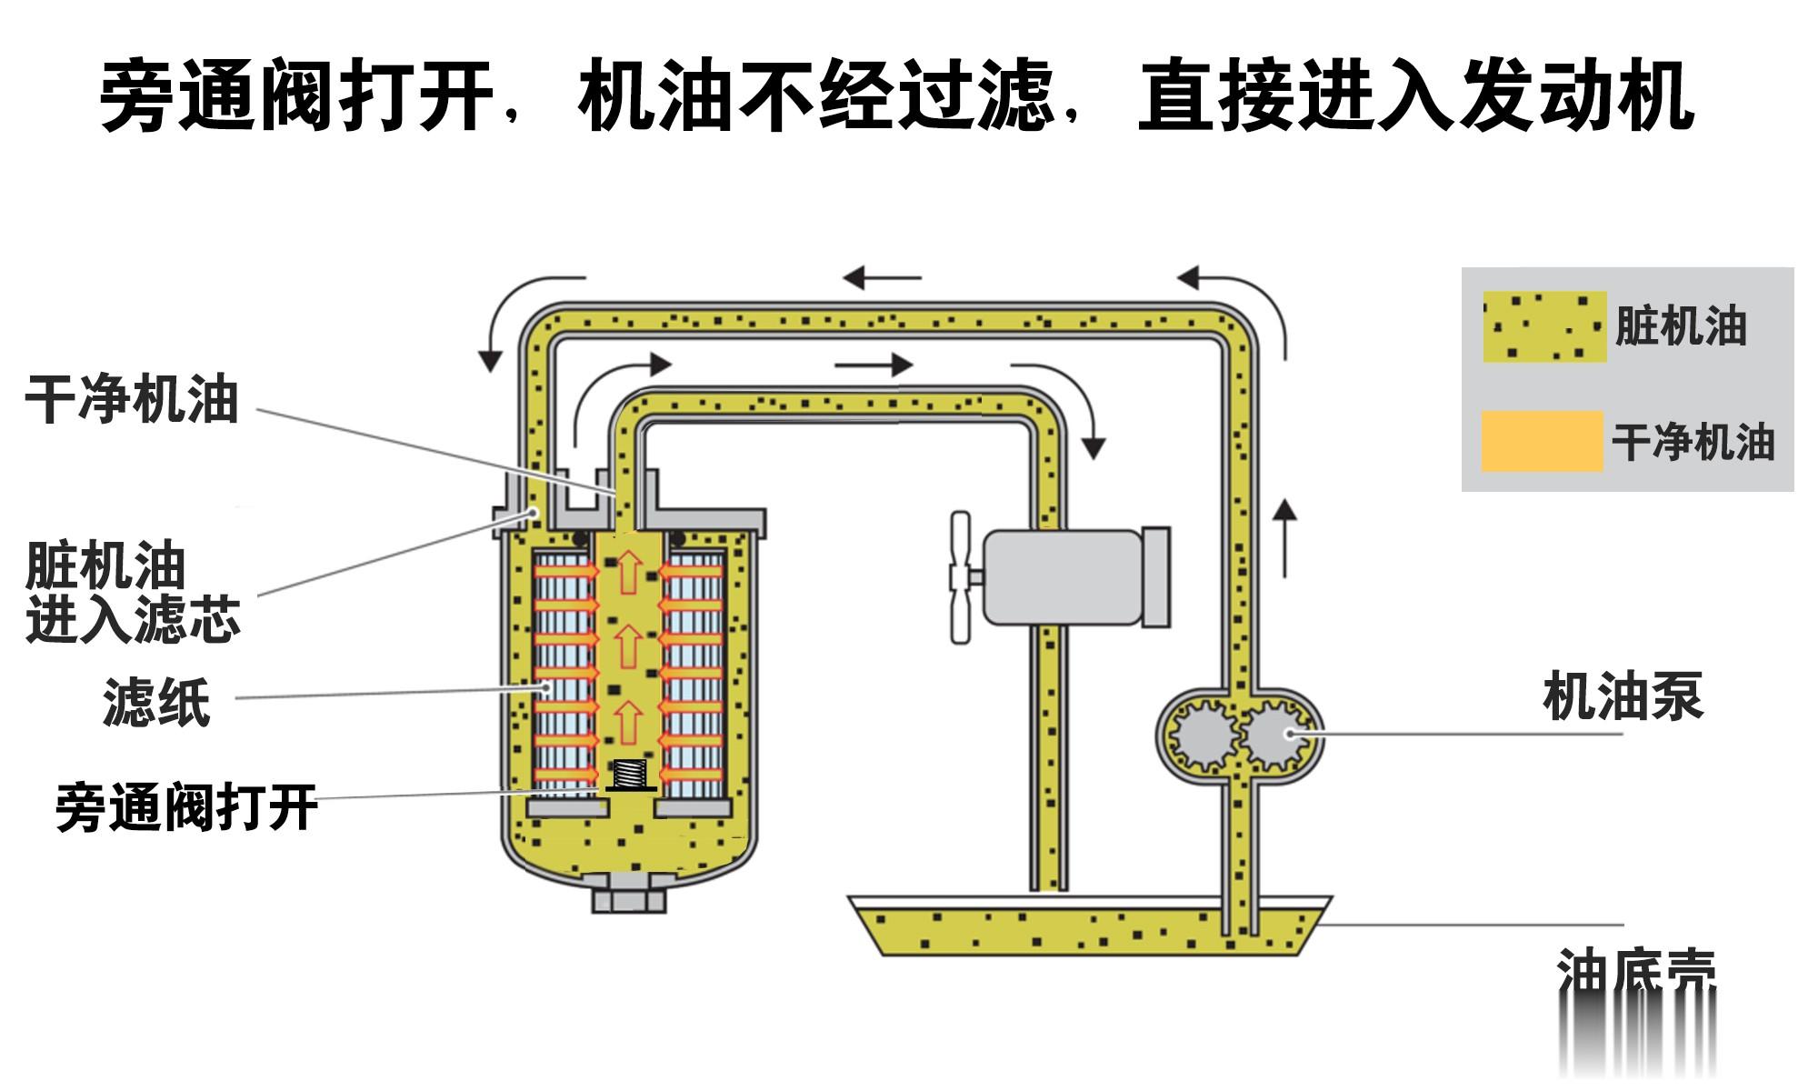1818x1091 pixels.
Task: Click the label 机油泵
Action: [1623, 697]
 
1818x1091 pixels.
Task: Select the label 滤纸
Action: [156, 702]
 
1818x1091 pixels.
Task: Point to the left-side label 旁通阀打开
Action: [186, 807]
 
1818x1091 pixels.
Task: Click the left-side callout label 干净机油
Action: [132, 400]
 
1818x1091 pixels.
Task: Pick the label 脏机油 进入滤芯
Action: [132, 593]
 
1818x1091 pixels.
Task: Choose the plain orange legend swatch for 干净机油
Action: [1542, 442]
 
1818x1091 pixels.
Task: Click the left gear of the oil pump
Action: [1201, 736]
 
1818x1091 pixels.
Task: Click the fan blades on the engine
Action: [960, 578]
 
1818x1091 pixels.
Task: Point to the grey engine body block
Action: [1064, 578]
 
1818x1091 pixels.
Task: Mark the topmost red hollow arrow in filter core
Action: [627, 573]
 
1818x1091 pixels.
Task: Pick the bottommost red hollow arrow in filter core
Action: [627, 722]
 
